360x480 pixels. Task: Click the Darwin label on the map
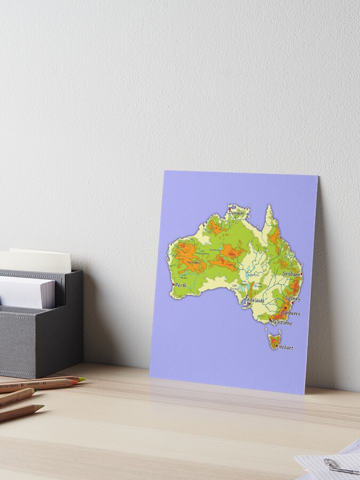(236, 213)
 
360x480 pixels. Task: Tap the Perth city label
(181, 285)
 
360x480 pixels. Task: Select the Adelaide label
(255, 300)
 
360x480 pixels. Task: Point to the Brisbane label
(292, 274)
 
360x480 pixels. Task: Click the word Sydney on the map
(293, 299)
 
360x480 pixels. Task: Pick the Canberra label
(291, 314)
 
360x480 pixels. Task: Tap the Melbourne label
(282, 323)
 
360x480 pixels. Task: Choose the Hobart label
(286, 347)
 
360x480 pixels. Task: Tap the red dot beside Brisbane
(301, 274)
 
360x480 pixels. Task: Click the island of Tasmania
(274, 340)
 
